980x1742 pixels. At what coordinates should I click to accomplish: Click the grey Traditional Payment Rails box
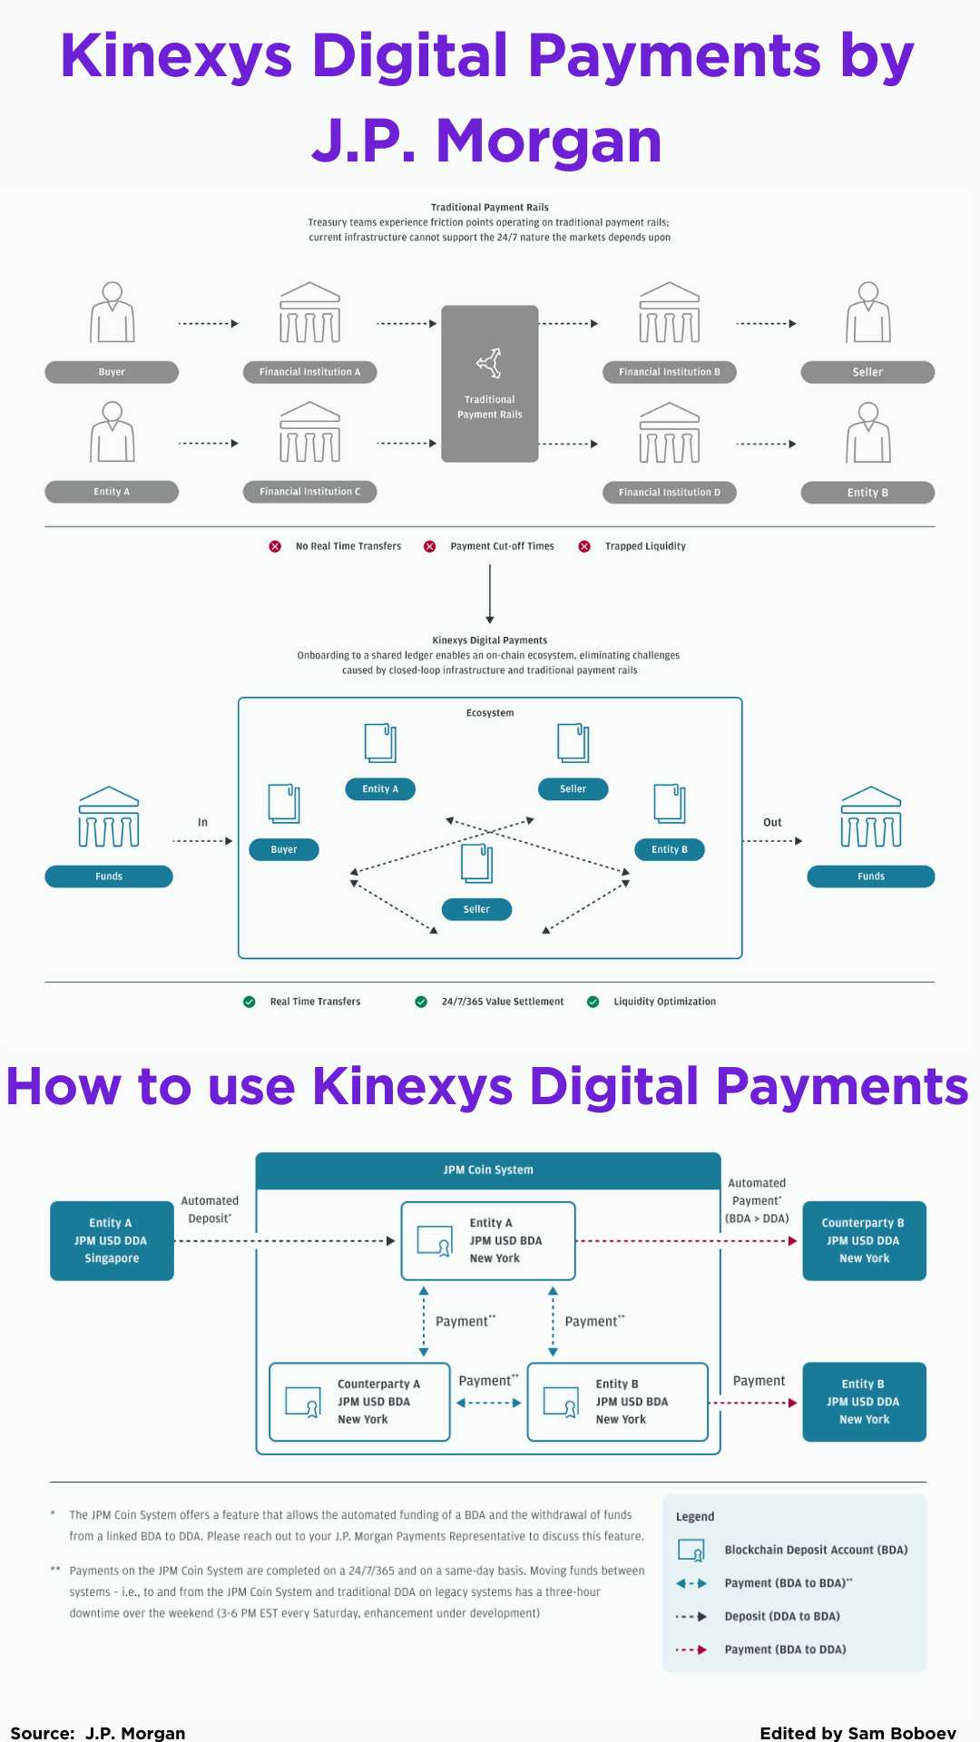pos(489,384)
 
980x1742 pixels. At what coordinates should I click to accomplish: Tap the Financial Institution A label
pos(309,372)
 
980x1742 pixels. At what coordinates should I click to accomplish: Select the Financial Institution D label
pos(669,493)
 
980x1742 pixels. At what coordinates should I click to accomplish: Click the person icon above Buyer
pos(113,312)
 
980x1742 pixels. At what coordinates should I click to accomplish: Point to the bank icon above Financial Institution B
pos(669,312)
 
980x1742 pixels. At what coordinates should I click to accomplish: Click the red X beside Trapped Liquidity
pos(584,546)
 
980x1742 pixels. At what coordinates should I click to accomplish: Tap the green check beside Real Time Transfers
pos(250,1002)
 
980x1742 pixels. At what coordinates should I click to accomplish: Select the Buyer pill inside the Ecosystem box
pos(284,850)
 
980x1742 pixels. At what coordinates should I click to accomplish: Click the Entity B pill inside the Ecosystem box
pos(669,850)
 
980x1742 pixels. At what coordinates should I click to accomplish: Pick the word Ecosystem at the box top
pos(490,713)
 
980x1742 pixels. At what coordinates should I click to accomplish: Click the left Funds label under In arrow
pos(109,876)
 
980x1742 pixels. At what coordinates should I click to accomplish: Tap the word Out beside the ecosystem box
pos(772,823)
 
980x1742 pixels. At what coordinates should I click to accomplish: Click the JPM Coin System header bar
pos(488,1170)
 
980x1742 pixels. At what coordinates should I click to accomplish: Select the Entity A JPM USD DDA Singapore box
pos(112,1240)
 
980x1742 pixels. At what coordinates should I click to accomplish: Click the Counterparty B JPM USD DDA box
pos(864,1240)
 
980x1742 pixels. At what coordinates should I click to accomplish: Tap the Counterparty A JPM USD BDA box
pos(360,1402)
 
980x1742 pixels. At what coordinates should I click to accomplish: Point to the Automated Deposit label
pos(210,1209)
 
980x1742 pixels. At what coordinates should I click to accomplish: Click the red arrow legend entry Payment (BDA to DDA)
pos(784,1649)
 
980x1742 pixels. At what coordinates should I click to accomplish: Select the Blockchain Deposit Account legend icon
pos(691,1551)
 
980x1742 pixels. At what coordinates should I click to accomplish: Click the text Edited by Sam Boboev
pos(857,1733)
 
